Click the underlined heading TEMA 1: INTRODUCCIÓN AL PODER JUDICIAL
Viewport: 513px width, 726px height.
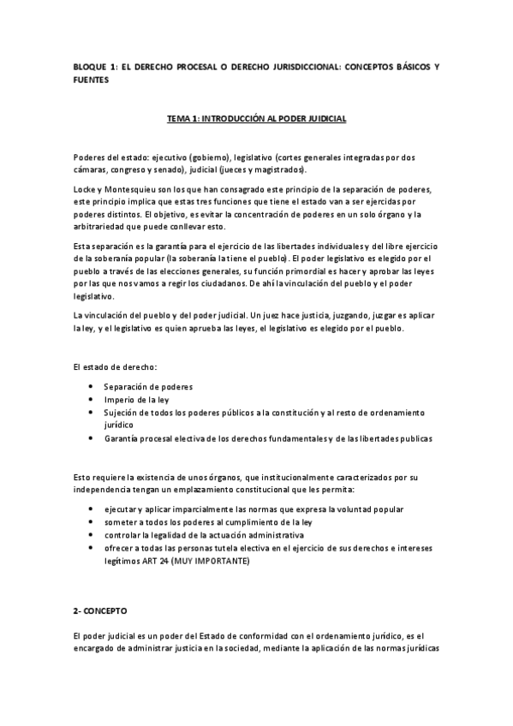click(x=256, y=119)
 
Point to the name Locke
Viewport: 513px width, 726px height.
click(x=86, y=188)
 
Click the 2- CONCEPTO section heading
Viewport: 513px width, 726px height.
click(x=99, y=613)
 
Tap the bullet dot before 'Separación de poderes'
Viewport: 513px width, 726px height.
click(x=92, y=386)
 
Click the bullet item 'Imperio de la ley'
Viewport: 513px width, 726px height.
click(x=137, y=399)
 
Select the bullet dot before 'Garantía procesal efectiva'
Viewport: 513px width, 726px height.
click(x=92, y=437)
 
